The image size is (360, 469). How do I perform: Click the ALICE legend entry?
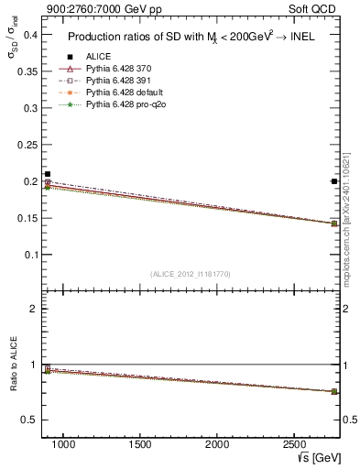click(99, 57)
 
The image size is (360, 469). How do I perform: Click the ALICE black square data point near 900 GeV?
click(48, 174)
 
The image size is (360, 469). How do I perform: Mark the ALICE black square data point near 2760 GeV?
click(334, 181)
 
